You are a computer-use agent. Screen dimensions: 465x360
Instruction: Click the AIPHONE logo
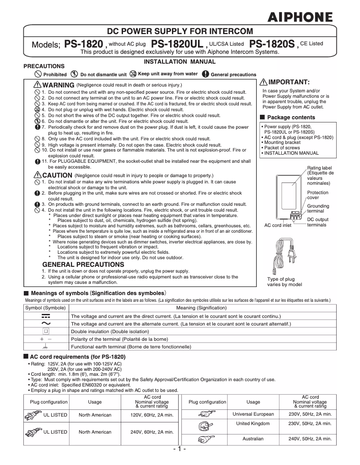click(x=300, y=17)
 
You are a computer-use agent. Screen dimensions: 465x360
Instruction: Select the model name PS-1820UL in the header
click(x=177, y=44)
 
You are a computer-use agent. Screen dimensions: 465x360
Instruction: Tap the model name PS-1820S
click(x=272, y=44)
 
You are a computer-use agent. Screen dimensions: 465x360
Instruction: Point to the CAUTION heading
click(x=57, y=175)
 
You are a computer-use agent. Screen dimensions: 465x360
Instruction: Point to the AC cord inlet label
click(x=277, y=225)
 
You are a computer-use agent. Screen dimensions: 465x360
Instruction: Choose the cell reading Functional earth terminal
click(x=132, y=347)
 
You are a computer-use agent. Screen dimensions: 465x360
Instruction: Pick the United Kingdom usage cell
click(x=253, y=423)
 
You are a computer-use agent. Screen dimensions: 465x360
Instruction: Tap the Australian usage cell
click(x=253, y=439)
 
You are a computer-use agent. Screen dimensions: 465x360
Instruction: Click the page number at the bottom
click(x=180, y=449)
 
